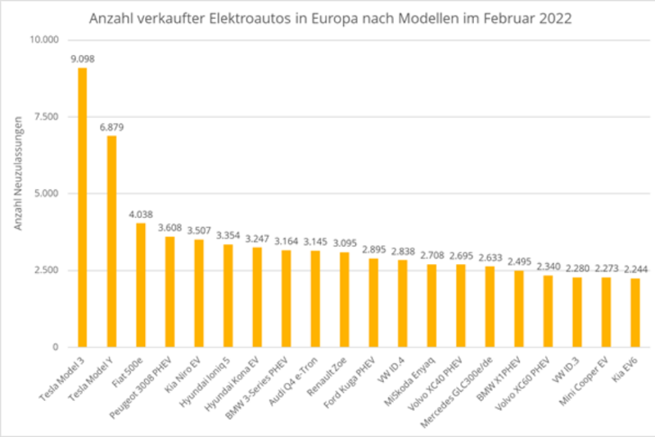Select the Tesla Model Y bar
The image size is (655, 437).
tap(111, 241)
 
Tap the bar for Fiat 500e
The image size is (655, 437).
tap(141, 285)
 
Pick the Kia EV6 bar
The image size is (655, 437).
tap(635, 312)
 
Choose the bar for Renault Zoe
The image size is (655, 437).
tap(345, 299)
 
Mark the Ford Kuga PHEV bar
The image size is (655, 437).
tap(373, 303)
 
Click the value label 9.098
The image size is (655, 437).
tap(84, 58)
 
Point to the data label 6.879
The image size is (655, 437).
tap(113, 126)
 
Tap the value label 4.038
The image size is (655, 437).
tap(142, 214)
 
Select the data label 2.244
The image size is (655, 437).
tap(635, 269)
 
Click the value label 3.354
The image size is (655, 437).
tap(229, 235)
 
